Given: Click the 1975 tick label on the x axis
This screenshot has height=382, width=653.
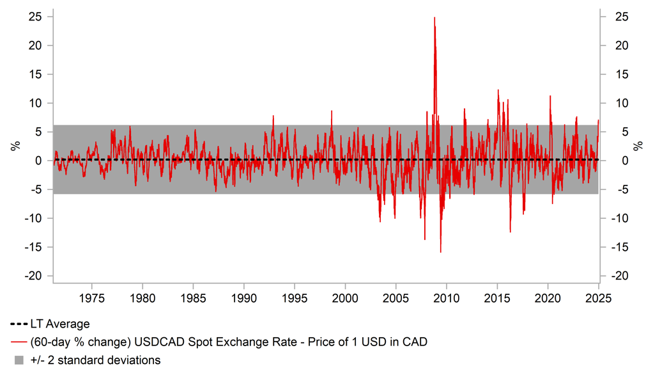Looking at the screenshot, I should [91, 298].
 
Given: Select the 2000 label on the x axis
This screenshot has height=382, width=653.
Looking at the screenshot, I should [345, 298].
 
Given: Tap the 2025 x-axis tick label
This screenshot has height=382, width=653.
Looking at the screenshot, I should [599, 298].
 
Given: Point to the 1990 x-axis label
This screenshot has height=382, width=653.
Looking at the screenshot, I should [243, 298].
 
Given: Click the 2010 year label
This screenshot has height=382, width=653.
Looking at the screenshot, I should [447, 298].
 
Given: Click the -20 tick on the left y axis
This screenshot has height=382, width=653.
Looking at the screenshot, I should [35, 276].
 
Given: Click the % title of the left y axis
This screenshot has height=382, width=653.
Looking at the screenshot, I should [15, 147].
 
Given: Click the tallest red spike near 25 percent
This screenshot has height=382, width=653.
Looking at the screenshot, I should [434, 18].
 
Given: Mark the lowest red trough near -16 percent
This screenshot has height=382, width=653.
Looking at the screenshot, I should [440, 251].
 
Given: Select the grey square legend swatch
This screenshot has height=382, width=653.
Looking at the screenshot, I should [19, 360].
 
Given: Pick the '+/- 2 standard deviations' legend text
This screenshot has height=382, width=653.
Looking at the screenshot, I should [95, 360].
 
